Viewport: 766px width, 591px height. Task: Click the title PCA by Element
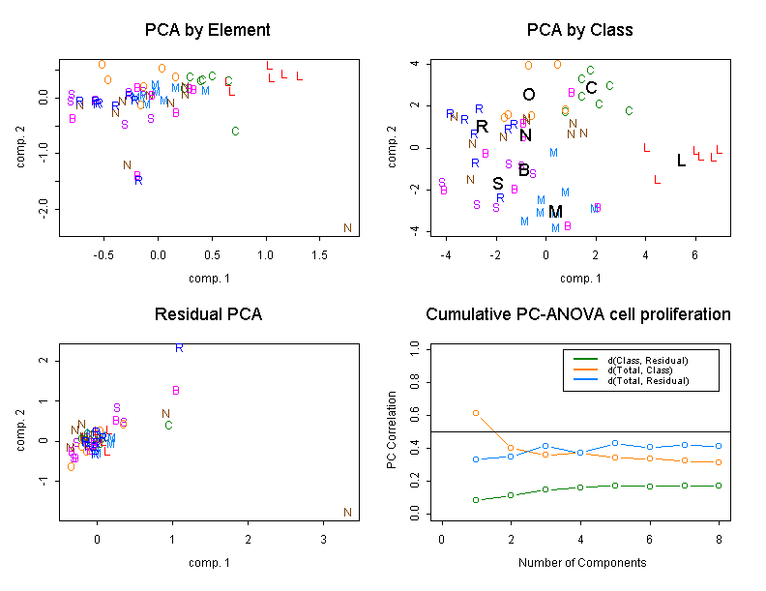pyautogui.click(x=207, y=30)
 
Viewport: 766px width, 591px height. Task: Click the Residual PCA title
pyautogui.click(x=207, y=315)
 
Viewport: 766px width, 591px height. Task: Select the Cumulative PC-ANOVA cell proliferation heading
pyautogui.click(x=577, y=315)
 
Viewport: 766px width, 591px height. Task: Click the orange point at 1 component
pyautogui.click(x=476, y=413)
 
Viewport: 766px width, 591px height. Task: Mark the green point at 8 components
pyautogui.click(x=719, y=486)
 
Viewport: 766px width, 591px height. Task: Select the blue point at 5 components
pyautogui.click(x=615, y=443)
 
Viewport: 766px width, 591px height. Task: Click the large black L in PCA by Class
pyautogui.click(x=681, y=161)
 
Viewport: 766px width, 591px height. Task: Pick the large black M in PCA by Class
pyautogui.click(x=555, y=211)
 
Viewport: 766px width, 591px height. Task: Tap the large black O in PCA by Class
pyautogui.click(x=528, y=95)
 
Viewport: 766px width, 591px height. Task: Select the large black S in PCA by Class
pyautogui.click(x=498, y=183)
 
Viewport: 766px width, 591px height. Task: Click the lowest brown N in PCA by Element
pyautogui.click(x=347, y=228)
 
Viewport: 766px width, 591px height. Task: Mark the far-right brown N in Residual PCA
pyautogui.click(x=347, y=513)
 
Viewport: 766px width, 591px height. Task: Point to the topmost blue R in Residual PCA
pyautogui.click(x=179, y=347)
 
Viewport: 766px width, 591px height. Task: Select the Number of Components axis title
pyautogui.click(x=580, y=562)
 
